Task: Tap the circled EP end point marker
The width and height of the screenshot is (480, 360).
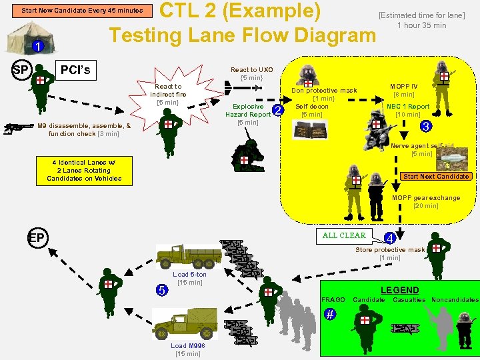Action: [x=36, y=237]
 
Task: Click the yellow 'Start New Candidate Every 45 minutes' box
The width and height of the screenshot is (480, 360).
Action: [x=82, y=11]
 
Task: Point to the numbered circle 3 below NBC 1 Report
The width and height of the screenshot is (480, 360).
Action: [x=427, y=125]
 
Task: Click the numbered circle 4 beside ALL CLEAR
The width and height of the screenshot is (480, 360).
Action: [x=391, y=238]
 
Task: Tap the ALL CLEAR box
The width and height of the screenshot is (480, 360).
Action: [x=344, y=235]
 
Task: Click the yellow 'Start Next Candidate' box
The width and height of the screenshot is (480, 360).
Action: [x=437, y=176]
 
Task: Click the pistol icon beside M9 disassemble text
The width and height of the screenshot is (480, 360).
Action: [x=19, y=127]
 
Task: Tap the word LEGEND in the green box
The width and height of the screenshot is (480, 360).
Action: [x=399, y=290]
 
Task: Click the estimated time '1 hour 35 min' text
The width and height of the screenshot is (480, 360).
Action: [x=421, y=25]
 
